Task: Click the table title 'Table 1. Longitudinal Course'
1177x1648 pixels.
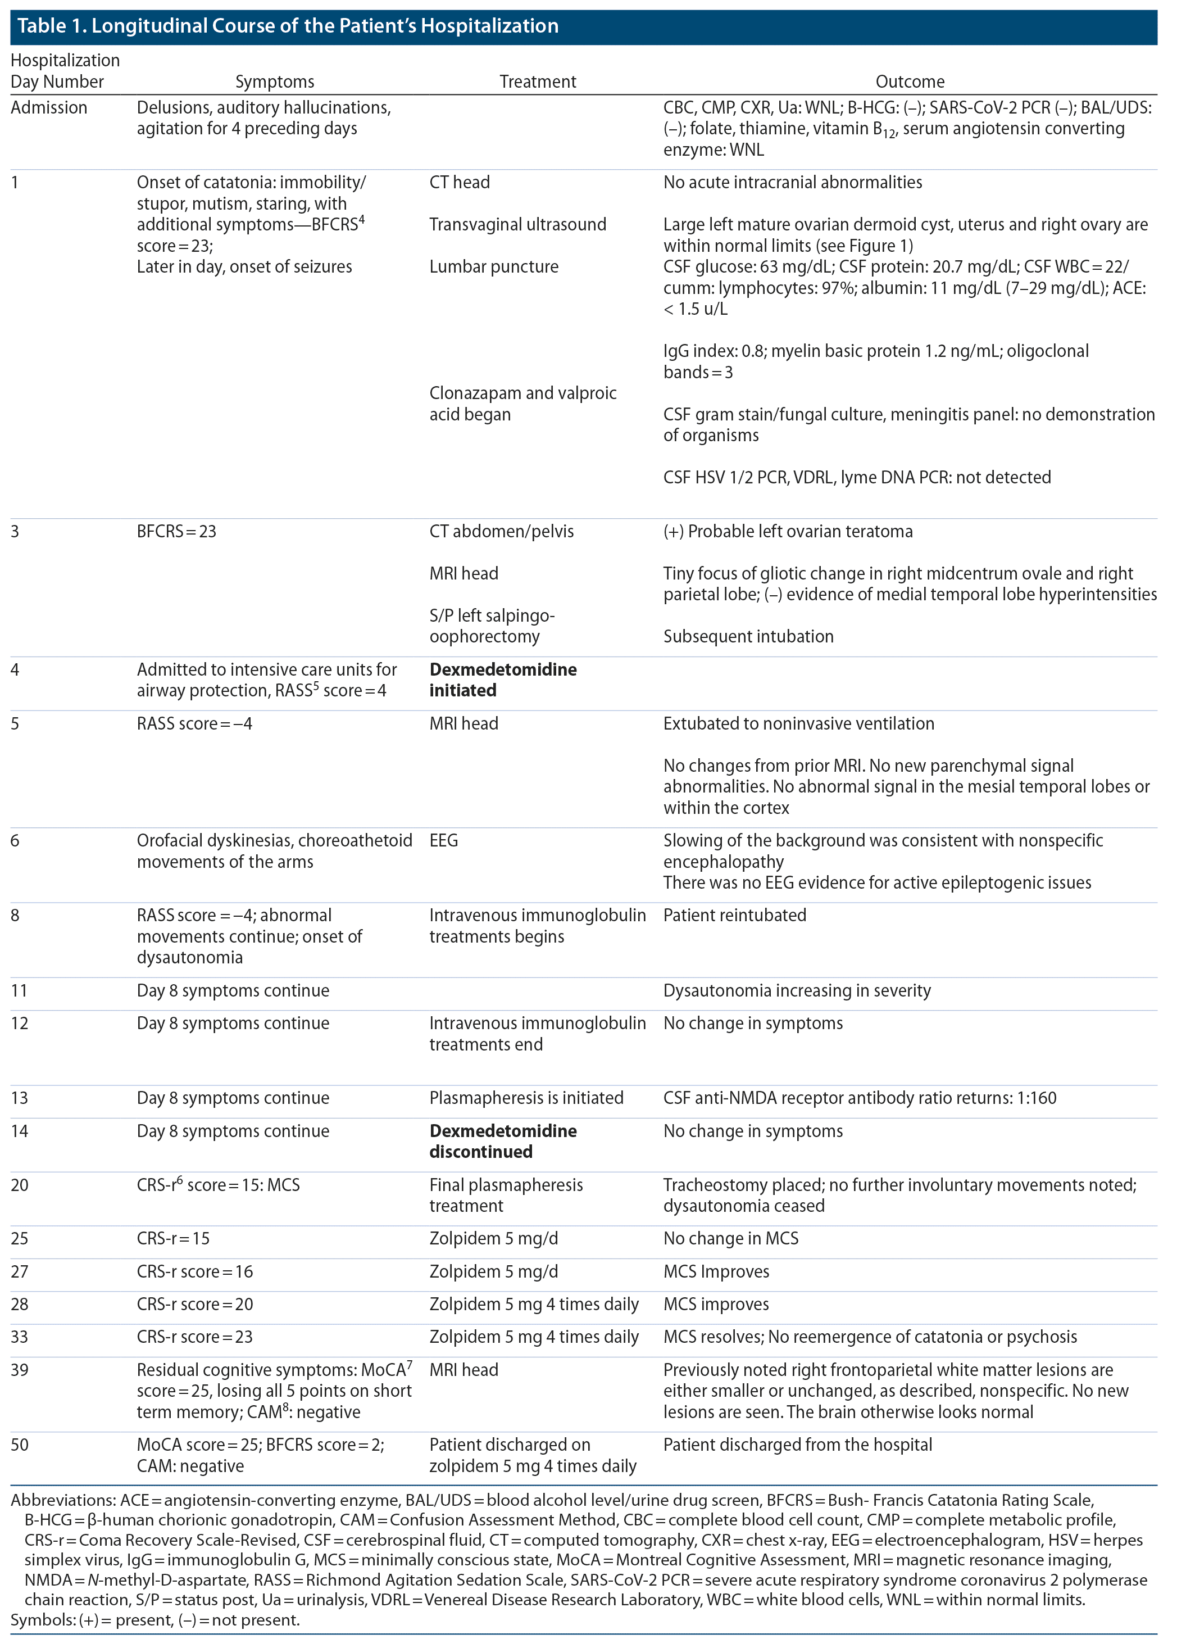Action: [288, 26]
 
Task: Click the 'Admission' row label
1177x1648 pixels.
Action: [48, 108]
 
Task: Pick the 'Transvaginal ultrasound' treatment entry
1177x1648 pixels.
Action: [517, 225]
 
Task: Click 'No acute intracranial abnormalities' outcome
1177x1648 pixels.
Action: [792, 183]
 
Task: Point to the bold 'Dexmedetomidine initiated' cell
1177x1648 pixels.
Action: [503, 680]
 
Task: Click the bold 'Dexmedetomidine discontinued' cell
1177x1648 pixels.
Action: [503, 1141]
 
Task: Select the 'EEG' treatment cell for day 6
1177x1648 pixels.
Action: [443, 840]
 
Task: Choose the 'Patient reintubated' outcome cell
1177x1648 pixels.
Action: [734, 915]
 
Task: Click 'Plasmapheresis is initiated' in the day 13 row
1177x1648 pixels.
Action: [526, 1098]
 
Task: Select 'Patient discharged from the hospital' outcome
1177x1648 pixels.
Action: [797, 1445]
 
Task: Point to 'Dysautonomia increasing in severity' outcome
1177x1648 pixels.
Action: [797, 990]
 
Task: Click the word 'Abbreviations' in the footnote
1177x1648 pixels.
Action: [58, 1500]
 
